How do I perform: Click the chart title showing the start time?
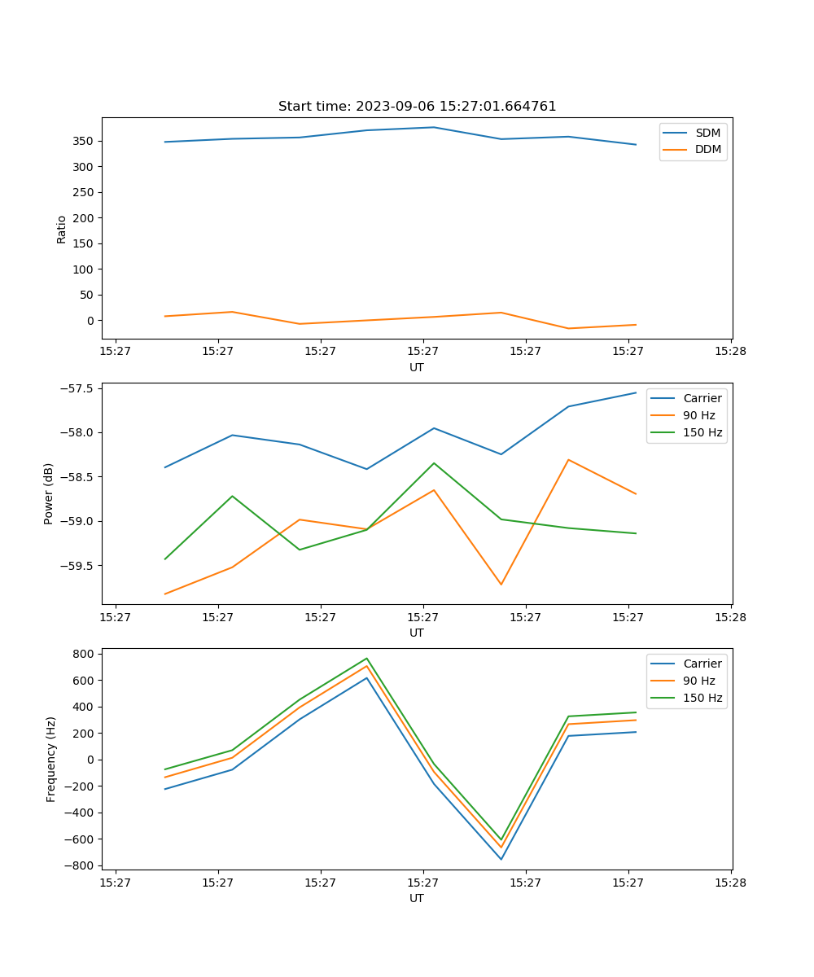click(417, 107)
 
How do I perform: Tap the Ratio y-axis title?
click(61, 229)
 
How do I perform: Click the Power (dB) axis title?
click(49, 493)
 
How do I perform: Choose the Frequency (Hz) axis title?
click(50, 759)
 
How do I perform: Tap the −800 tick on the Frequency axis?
click(81, 865)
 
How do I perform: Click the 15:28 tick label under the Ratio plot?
click(730, 352)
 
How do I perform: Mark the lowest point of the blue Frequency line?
click(501, 859)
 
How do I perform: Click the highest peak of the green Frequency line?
click(366, 659)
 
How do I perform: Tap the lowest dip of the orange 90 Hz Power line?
click(501, 585)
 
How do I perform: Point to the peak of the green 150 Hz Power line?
click(434, 463)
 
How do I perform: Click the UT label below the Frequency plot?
click(417, 898)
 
